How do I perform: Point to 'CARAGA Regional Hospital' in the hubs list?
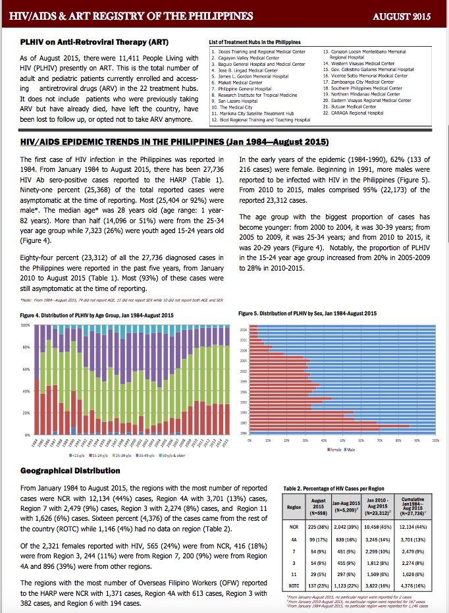pyautogui.click(x=360, y=112)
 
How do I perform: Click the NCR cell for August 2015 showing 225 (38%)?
pyautogui.click(x=318, y=527)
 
